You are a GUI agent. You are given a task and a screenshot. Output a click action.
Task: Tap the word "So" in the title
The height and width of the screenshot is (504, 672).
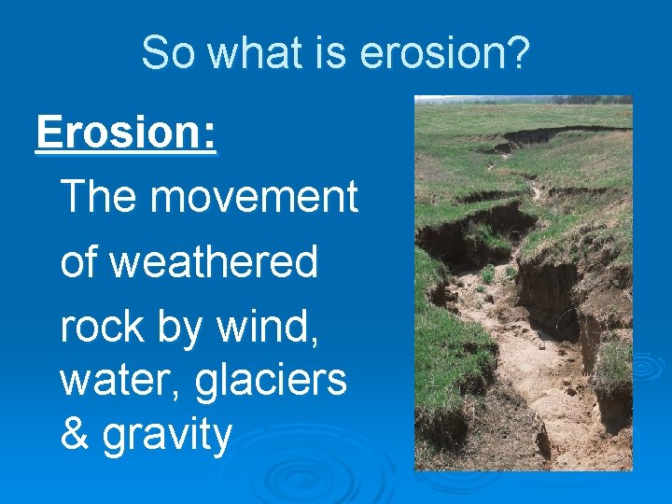coord(169,54)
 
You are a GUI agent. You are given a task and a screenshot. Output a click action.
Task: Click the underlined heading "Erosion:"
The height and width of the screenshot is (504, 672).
coord(126,133)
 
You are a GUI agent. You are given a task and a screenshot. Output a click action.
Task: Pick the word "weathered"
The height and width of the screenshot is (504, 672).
coord(214,262)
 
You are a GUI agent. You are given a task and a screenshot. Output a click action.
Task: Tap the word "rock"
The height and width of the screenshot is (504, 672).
coord(100,327)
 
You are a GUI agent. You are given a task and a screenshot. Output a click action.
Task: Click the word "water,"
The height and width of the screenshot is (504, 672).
coord(113,381)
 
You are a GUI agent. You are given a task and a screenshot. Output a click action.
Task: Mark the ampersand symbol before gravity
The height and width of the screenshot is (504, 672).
coord(72,435)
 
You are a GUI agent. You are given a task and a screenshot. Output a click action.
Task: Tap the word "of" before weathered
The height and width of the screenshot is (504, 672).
coord(79,262)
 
